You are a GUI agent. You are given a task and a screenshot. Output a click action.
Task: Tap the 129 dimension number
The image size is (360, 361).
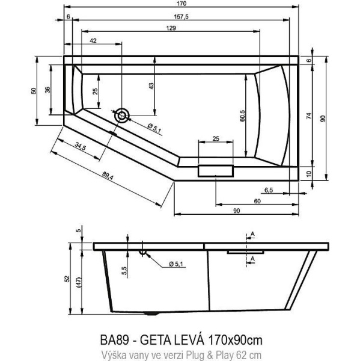click(171, 29)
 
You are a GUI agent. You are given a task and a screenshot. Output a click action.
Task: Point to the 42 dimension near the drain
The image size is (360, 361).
click(94, 40)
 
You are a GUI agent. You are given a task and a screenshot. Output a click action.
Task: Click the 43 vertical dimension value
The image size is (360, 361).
click(151, 86)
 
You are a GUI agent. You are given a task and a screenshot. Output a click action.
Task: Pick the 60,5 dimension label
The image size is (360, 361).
click(244, 113)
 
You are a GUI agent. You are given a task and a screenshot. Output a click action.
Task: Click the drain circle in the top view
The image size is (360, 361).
click(122, 115)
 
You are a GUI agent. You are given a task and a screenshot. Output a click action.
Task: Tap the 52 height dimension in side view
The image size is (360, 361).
click(67, 280)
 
